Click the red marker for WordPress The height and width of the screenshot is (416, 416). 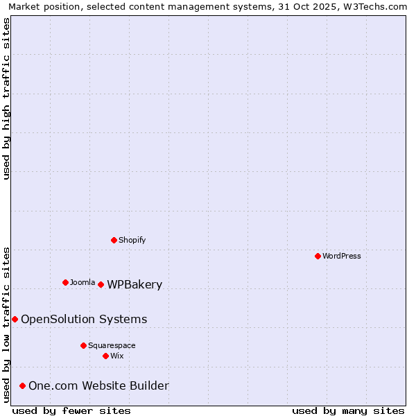pyautogui.click(x=318, y=256)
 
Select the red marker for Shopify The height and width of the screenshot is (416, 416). pyautogui.click(x=114, y=240)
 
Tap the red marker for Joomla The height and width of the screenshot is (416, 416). pyautogui.click(x=65, y=282)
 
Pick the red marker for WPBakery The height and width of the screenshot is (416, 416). pyautogui.click(x=101, y=284)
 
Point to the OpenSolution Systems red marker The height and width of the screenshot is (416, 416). pyautogui.click(x=15, y=319)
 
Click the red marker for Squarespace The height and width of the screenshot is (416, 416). pyautogui.click(x=83, y=345)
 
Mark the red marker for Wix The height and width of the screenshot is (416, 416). pyautogui.click(x=105, y=356)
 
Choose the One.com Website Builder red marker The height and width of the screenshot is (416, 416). pyautogui.click(x=22, y=385)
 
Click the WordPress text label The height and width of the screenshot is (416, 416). pyautogui.click(x=342, y=256)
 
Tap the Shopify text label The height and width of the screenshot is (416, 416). pyautogui.click(x=132, y=240)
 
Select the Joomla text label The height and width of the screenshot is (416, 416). pyautogui.click(x=83, y=282)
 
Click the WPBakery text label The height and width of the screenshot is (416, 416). pyautogui.click(x=135, y=285)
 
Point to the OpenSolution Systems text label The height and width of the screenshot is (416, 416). pyautogui.click(x=84, y=319)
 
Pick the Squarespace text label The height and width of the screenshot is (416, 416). pyautogui.click(x=112, y=345)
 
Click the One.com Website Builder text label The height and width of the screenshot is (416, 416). pyautogui.click(x=98, y=385)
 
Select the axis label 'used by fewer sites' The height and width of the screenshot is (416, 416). pyautogui.click(x=71, y=410)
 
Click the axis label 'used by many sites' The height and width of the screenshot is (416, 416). pyautogui.click(x=348, y=410)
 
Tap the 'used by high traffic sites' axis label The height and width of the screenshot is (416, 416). pyautogui.click(x=7, y=98)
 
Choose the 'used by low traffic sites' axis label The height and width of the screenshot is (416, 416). pyautogui.click(x=7, y=324)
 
